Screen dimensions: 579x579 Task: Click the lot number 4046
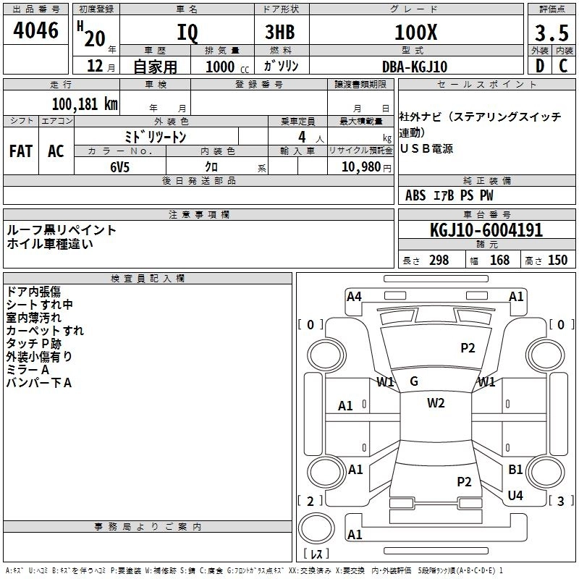point(35,31)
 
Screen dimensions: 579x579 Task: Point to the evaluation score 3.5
point(551,33)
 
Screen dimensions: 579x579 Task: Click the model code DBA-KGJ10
point(415,67)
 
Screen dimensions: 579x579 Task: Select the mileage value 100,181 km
point(85,103)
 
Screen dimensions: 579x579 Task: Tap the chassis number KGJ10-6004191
point(486,231)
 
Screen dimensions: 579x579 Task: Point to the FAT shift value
point(21,151)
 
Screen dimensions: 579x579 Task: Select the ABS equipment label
point(415,195)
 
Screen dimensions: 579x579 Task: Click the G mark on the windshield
point(414,381)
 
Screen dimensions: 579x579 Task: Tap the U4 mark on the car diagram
point(515,495)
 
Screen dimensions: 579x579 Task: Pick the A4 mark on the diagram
point(354,296)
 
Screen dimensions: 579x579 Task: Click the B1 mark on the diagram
point(515,470)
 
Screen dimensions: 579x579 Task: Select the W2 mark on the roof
point(436,403)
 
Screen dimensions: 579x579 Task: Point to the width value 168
point(499,261)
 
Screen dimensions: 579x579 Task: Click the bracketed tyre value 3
point(560,501)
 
